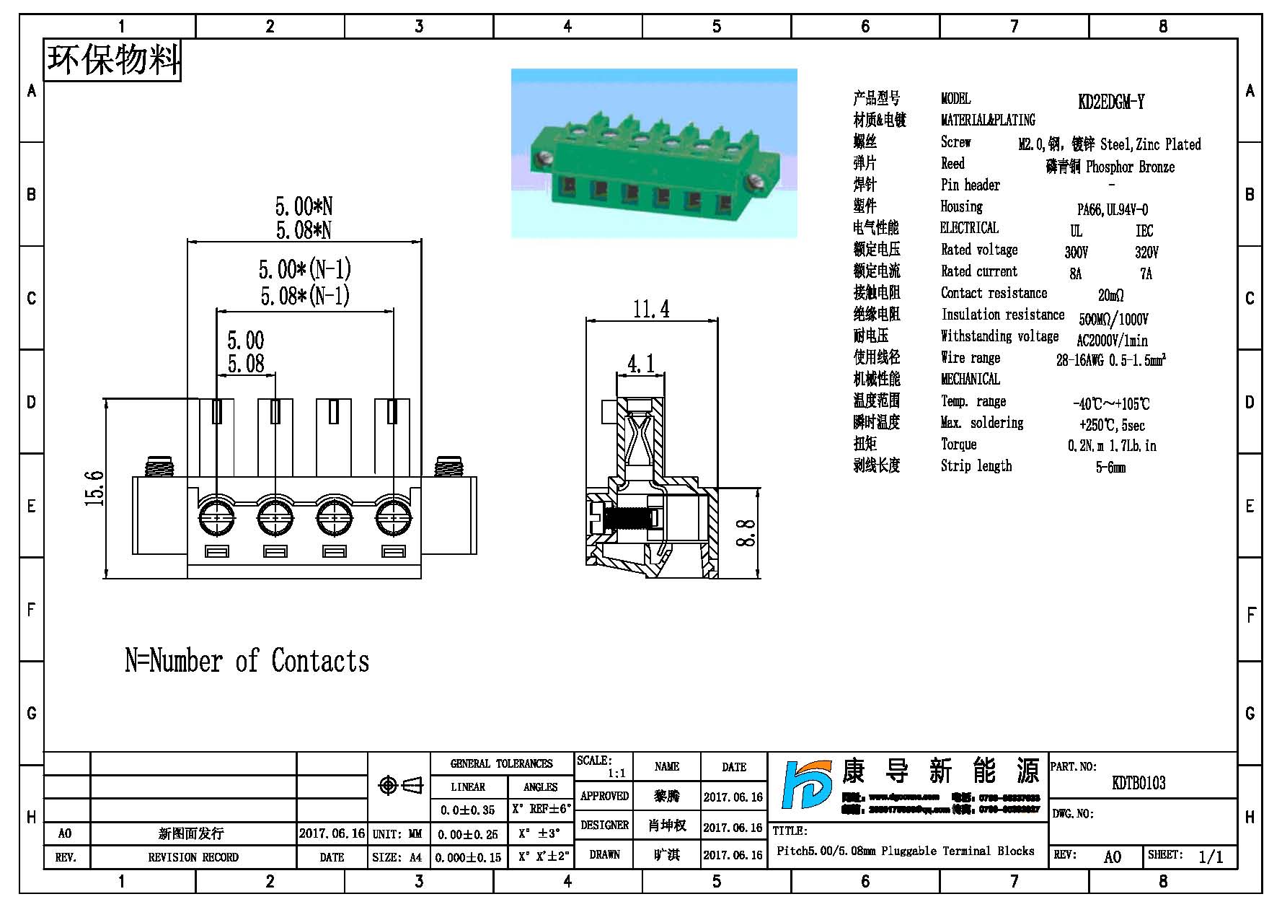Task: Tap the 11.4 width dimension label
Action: tap(651, 310)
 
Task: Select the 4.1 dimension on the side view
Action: tap(640, 364)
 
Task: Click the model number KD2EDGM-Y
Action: tap(1110, 102)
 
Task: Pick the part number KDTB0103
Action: tap(1139, 783)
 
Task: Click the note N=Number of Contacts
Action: tap(247, 661)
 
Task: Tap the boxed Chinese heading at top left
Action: tap(112, 59)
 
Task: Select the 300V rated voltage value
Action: tap(1076, 253)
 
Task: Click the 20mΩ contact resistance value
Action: tap(1110, 295)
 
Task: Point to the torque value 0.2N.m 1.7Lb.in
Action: tap(1111, 446)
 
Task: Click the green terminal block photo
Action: tap(654, 153)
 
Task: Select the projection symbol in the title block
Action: tap(400, 785)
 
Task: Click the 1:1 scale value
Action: tap(616, 774)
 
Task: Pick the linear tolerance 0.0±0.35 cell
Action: tap(468, 810)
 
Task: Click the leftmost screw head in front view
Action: tap(216, 517)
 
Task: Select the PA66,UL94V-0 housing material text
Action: tap(1112, 209)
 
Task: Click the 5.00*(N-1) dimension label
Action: tap(304, 270)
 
